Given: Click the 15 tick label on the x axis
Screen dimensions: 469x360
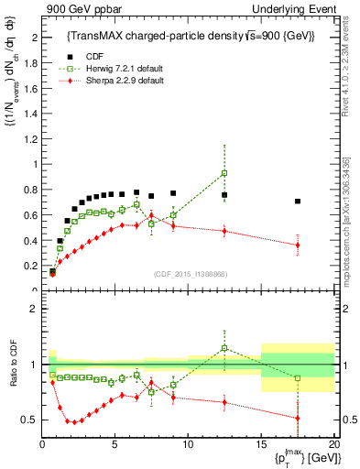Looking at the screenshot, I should click(x=261, y=444).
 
